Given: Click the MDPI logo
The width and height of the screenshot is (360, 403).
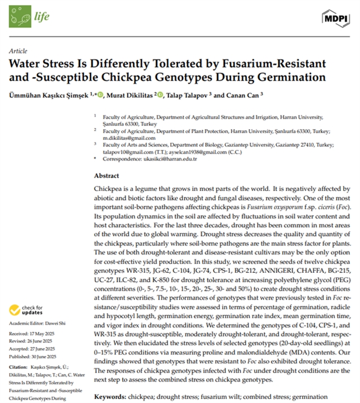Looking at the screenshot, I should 336,19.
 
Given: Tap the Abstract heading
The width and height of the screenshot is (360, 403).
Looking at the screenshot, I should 106,176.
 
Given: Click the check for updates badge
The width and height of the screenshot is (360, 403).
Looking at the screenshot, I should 21,311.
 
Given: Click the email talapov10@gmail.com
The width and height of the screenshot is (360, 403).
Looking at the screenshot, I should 127,152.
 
